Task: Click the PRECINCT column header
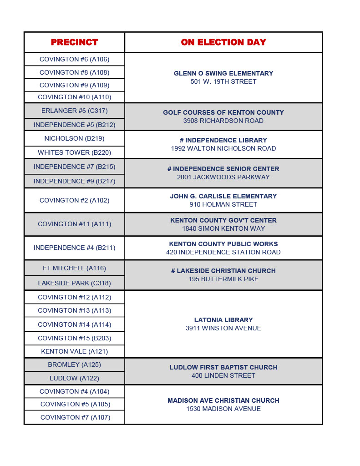tap(74, 42)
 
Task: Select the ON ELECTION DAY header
tap(223, 42)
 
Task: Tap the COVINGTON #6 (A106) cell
tap(74, 59)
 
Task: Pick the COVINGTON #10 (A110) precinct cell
tap(74, 97)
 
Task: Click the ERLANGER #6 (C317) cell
tap(74, 111)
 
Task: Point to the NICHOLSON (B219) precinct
tap(74, 138)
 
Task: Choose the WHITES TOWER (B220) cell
tap(74, 152)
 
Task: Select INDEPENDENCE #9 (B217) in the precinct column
tap(74, 181)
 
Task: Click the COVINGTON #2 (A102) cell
tap(74, 200)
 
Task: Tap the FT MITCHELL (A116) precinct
tap(74, 268)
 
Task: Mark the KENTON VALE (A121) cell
tap(74, 351)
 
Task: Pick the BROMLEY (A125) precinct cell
tap(74, 365)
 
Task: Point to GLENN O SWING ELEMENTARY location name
tap(223, 73)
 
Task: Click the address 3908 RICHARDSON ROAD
tap(223, 121)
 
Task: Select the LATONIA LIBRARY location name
tap(223, 320)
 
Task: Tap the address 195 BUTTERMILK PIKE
tap(223, 279)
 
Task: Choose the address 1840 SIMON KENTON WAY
tap(223, 228)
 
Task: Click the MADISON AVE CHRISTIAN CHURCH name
tap(223, 400)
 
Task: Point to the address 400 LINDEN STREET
tap(223, 375)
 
